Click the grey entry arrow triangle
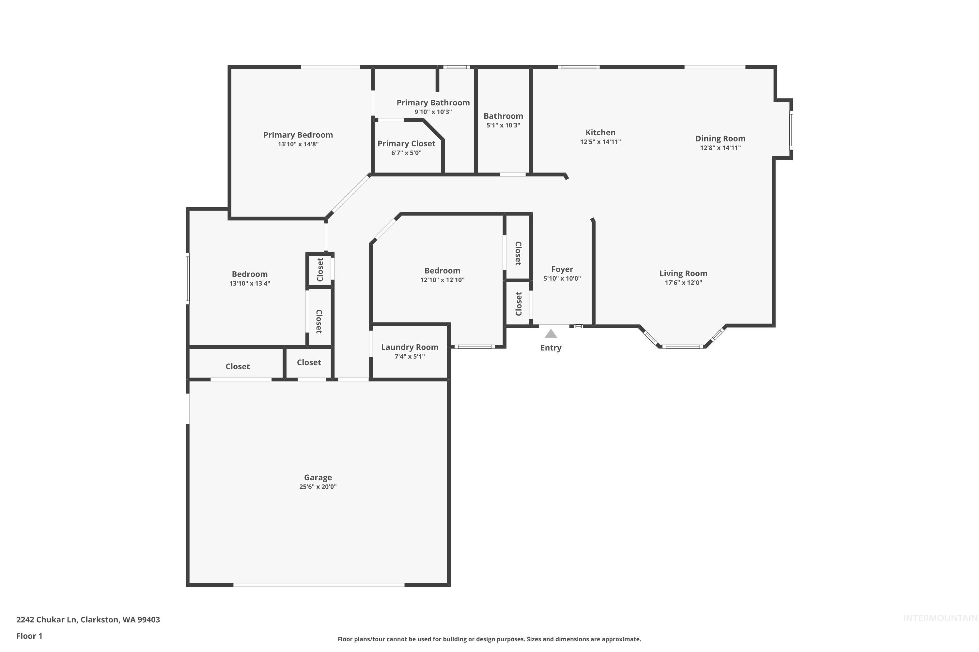[551, 334]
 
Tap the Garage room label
[318, 477]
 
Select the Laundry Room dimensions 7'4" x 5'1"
[410, 356]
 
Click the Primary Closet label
[406, 143]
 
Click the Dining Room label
[720, 139]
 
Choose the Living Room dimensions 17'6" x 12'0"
[683, 283]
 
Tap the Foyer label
[562, 269]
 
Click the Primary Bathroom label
[433, 103]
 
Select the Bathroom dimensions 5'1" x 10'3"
[503, 126]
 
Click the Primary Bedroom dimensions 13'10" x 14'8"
[298, 144]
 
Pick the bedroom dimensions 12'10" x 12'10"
[442, 280]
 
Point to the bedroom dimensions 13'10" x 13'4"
[250, 284]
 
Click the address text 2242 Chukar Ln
[47, 620]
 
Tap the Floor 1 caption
[29, 636]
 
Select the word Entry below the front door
[551, 348]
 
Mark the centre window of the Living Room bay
[683, 346]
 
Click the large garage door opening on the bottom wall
[319, 585]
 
